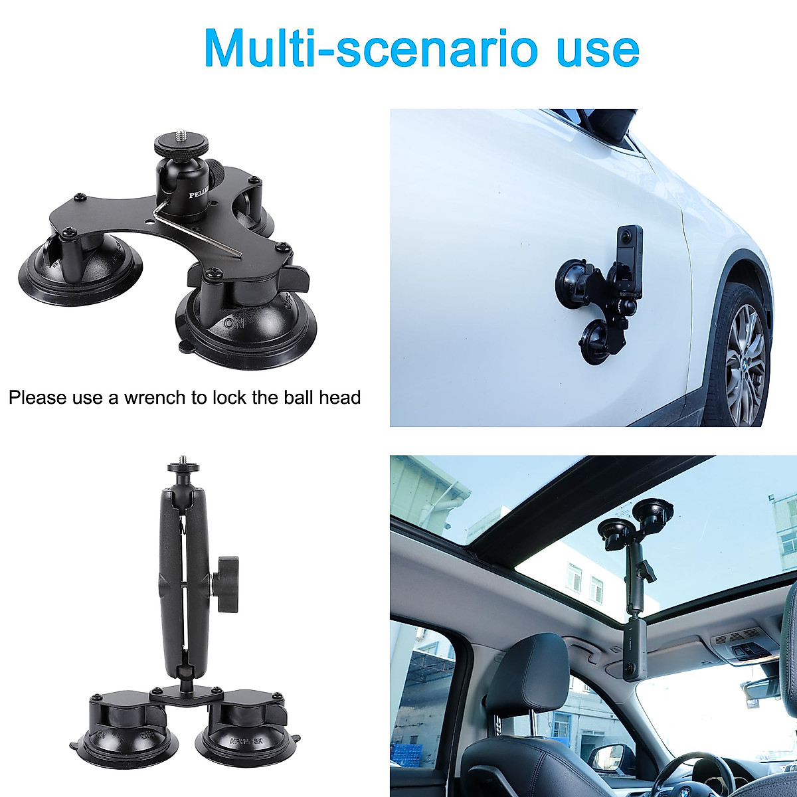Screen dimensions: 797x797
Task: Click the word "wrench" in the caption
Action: pyautogui.click(x=157, y=398)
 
